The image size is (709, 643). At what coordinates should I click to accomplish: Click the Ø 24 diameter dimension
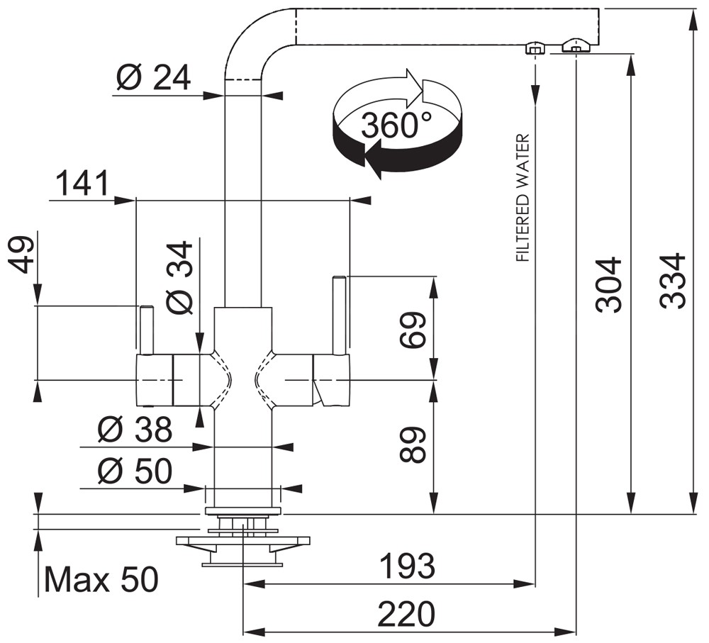(x=153, y=78)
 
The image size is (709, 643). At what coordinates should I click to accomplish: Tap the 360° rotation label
(x=396, y=125)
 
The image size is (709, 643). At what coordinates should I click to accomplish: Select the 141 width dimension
(x=82, y=183)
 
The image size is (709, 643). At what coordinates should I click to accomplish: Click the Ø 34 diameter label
(x=179, y=278)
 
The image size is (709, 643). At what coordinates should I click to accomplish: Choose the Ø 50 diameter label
(x=135, y=471)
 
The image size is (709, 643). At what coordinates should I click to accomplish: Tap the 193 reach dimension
(x=407, y=566)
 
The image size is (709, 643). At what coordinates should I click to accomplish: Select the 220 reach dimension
(x=406, y=614)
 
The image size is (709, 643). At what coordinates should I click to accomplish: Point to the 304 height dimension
(x=608, y=285)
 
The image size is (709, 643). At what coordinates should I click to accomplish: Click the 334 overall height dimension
(x=672, y=281)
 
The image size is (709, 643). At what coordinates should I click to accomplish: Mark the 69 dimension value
(x=413, y=329)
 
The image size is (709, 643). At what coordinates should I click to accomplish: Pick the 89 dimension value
(x=413, y=445)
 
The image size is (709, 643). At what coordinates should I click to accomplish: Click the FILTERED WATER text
(x=523, y=198)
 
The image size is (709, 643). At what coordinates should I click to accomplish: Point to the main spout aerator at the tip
(x=576, y=45)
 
